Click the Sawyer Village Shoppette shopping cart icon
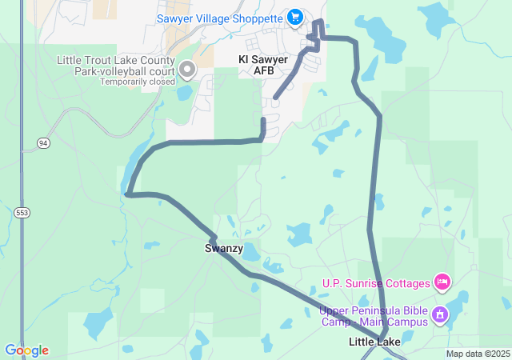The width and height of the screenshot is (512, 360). point(295,17)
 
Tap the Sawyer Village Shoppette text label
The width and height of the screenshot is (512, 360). point(220,18)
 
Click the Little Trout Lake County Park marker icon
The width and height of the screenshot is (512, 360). point(188,70)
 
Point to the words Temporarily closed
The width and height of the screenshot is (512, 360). point(138,82)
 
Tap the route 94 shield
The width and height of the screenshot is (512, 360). point(42,142)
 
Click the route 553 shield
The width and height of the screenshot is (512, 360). point(22,213)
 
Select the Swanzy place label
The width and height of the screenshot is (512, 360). point(223,249)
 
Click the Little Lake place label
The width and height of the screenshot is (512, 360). point(374,342)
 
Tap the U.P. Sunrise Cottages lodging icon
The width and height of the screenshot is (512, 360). point(442,282)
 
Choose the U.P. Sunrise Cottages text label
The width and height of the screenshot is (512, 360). point(375,282)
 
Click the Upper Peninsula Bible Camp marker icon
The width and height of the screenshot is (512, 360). point(439,315)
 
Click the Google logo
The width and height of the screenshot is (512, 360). point(26,350)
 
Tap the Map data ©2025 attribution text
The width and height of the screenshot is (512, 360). point(478,354)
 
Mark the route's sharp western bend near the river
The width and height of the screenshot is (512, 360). point(128,193)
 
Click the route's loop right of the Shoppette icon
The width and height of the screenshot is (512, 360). point(318,30)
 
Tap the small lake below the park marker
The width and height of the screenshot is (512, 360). point(184,92)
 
